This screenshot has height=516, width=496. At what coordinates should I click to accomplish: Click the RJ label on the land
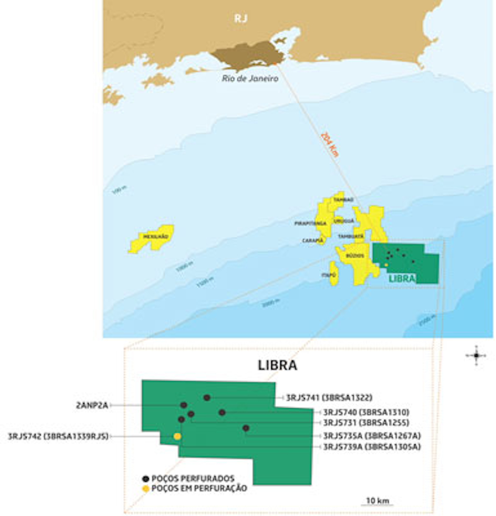coord(241,18)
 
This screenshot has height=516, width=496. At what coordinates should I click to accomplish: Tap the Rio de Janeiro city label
coord(250,79)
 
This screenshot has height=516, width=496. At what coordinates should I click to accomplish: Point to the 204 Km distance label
coord(329,145)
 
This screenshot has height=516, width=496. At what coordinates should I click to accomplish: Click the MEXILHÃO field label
coord(156,237)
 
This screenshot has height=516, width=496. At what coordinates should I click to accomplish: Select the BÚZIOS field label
coord(355,256)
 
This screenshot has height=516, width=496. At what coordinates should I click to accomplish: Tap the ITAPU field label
coord(328,275)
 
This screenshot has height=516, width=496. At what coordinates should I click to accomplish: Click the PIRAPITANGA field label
coord(310,224)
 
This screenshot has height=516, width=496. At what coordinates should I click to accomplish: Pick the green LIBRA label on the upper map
coord(402,278)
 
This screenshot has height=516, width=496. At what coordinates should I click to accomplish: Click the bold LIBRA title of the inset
coord(277,365)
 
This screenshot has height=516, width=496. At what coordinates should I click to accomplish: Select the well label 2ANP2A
coord(92,405)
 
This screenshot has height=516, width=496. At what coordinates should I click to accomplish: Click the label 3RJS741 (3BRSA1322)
coord(329,398)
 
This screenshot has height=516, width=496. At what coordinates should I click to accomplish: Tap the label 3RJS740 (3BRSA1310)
coord(366,412)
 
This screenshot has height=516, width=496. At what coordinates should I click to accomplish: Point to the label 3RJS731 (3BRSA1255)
coord(366,423)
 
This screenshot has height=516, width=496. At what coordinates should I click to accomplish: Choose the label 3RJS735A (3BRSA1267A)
coord(372,436)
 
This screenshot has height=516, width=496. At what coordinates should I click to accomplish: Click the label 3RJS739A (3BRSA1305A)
coord(372,447)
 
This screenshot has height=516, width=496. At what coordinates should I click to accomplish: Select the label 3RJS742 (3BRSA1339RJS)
coord(58,436)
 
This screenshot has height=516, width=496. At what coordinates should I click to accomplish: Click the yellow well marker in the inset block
coord(177,436)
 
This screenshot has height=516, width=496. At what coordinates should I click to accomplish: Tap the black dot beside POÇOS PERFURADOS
coord(146,479)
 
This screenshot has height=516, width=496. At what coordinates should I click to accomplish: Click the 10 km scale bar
coord(377,504)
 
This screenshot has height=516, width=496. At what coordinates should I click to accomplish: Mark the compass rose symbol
coord(476,355)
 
